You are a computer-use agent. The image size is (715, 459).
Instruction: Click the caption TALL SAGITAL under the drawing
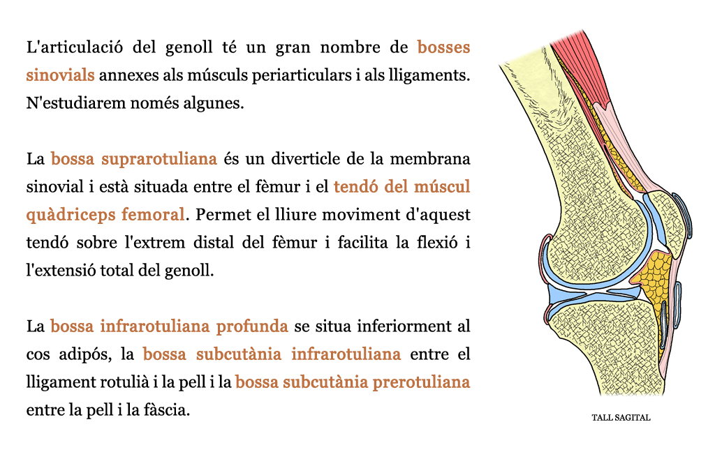click(621, 418)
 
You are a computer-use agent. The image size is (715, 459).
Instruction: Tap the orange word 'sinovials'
click(60, 75)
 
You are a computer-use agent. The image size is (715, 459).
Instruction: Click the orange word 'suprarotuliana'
click(159, 159)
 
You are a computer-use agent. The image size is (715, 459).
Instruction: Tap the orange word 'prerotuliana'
click(421, 382)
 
